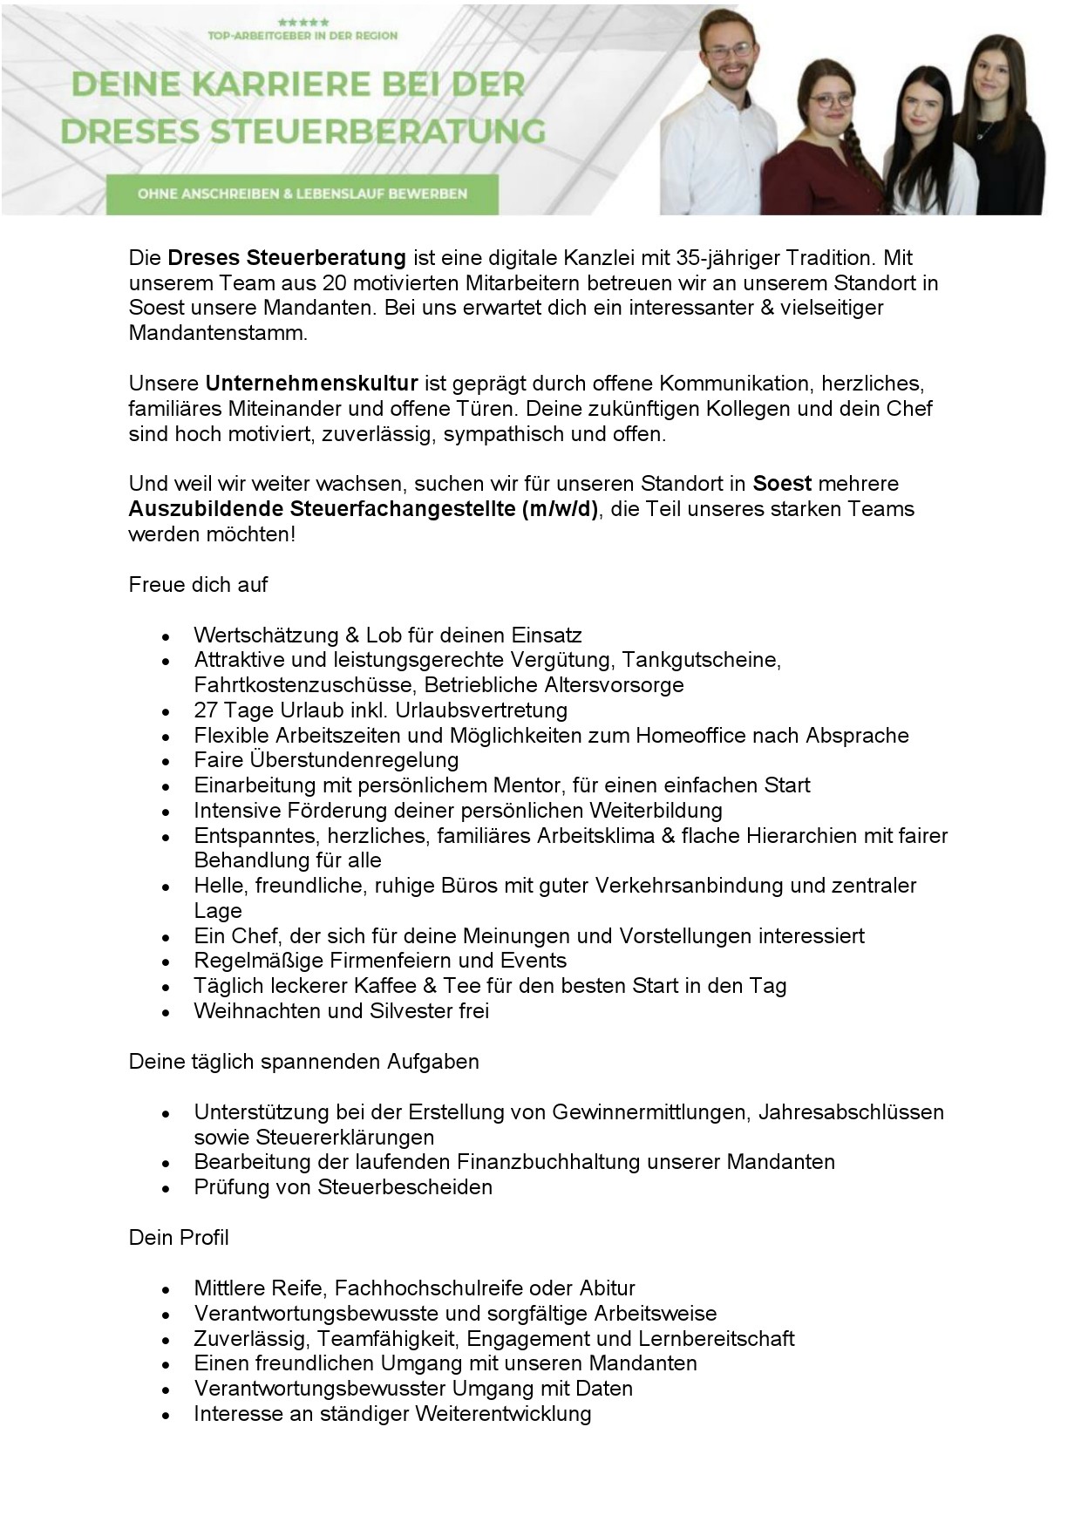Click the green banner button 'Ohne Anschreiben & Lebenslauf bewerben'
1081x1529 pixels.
coord(302,194)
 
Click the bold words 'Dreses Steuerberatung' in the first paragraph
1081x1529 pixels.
coord(287,258)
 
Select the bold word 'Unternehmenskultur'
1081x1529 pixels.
coord(312,384)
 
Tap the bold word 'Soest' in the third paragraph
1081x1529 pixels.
coord(782,484)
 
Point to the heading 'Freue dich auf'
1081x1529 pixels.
coord(198,585)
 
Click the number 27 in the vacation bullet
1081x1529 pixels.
coord(206,710)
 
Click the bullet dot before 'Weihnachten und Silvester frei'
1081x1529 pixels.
coord(166,1013)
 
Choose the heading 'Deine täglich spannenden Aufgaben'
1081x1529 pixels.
coord(303,1062)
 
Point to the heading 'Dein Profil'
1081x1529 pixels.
coord(179,1238)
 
